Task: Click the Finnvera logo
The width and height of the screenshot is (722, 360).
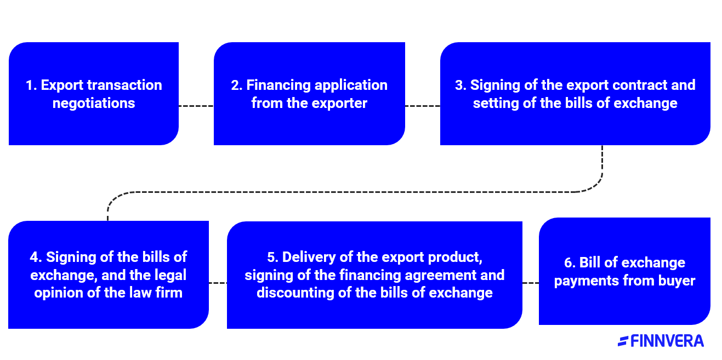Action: coord(661,341)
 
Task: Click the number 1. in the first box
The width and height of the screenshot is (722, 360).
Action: coord(32,85)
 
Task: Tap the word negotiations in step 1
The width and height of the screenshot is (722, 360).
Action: coord(94,103)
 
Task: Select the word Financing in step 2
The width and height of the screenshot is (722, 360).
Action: coord(278,85)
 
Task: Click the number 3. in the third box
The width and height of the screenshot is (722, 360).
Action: coord(461,85)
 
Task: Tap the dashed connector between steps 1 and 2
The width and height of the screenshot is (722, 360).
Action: coord(196,106)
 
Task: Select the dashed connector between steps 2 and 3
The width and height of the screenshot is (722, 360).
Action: coord(422,106)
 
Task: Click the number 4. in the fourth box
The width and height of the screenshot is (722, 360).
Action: coord(36,257)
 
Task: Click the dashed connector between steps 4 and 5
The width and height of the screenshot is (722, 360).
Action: coord(218,283)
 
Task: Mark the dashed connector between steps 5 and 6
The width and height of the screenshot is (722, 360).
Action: coord(530,283)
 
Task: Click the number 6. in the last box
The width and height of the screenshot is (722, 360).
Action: coord(570,263)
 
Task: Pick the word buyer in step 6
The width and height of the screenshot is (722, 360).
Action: coord(678,281)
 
